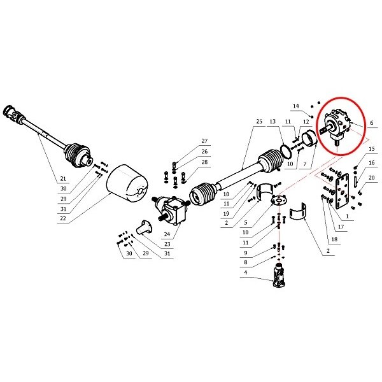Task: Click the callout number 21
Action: tap(63, 178)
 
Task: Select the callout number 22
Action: tap(63, 218)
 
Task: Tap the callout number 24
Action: tap(167, 234)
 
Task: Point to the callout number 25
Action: tap(259, 122)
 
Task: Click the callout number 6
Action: tap(372, 123)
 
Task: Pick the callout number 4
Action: tap(246, 272)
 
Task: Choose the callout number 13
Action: tap(272, 122)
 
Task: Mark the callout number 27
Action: tap(204, 141)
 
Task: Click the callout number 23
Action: tap(167, 244)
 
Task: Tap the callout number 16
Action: tap(372, 163)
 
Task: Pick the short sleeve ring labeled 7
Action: tap(309, 139)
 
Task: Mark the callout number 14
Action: tap(296, 106)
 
